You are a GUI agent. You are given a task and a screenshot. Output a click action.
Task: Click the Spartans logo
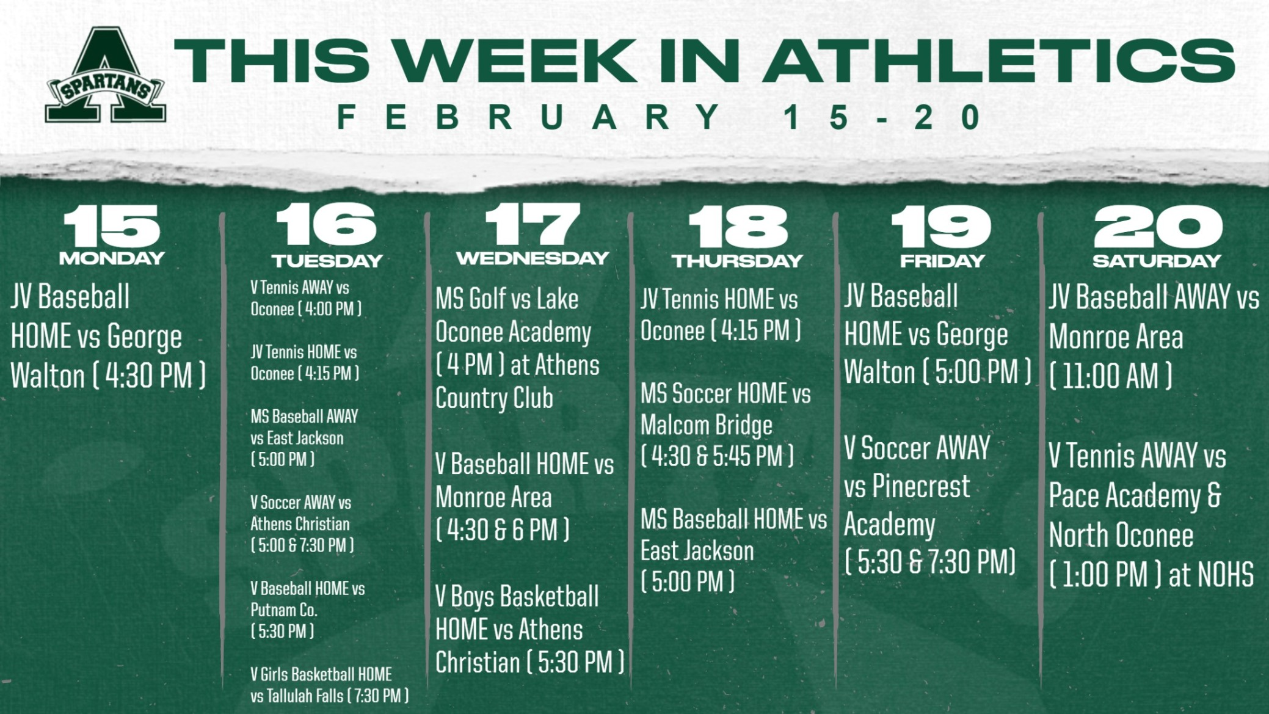pyautogui.click(x=105, y=75)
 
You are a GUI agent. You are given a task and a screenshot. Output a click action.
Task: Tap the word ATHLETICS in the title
pyautogui.click(x=999, y=60)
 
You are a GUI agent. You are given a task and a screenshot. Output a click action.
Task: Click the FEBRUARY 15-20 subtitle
pyautogui.click(x=659, y=117)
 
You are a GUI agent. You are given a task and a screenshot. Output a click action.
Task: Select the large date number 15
pyautogui.click(x=112, y=225)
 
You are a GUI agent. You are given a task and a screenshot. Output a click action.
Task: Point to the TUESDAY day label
pyautogui.click(x=327, y=261)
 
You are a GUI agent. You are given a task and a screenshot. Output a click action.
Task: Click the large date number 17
pyautogui.click(x=533, y=224)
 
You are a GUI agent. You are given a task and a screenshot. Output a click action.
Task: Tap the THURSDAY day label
pyautogui.click(x=738, y=261)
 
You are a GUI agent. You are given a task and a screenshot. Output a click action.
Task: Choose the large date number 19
pyautogui.click(x=942, y=225)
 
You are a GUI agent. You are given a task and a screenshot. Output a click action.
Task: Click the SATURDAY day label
pyautogui.click(x=1157, y=261)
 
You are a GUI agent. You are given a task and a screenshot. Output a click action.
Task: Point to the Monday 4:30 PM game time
pyautogui.click(x=149, y=376)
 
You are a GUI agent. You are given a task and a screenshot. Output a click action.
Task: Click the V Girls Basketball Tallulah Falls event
pyautogui.click(x=329, y=685)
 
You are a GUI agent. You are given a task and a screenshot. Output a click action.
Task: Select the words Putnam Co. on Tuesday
pyautogui.click(x=284, y=610)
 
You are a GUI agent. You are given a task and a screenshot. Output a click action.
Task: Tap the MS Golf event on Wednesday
pyautogui.click(x=517, y=349)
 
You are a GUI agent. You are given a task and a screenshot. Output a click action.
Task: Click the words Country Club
pyautogui.click(x=494, y=398)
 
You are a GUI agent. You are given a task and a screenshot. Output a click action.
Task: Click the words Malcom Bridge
pyautogui.click(x=707, y=425)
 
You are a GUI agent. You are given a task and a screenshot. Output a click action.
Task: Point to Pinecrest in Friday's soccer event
pyautogui.click(x=920, y=487)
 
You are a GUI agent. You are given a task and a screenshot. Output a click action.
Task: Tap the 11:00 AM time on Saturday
pyautogui.click(x=1110, y=376)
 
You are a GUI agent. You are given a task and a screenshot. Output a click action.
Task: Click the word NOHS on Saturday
pyautogui.click(x=1226, y=575)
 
